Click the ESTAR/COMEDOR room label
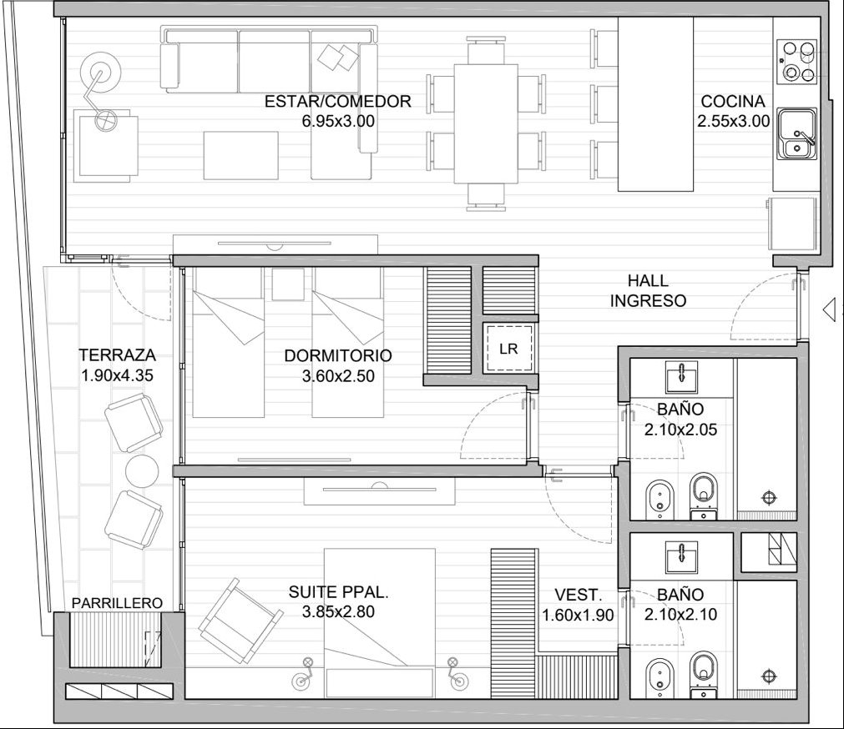click(x=337, y=101)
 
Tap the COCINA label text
click(x=733, y=101)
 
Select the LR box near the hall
click(x=508, y=349)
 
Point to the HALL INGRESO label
click(x=648, y=290)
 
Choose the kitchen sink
click(x=796, y=133)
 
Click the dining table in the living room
click(x=486, y=123)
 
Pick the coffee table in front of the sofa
click(x=241, y=155)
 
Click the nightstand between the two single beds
click(x=288, y=284)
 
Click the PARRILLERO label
click(x=117, y=603)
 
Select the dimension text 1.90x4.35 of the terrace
click(x=117, y=375)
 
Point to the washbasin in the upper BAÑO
click(x=682, y=376)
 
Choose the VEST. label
click(x=578, y=595)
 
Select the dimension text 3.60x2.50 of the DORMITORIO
click(x=338, y=376)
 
